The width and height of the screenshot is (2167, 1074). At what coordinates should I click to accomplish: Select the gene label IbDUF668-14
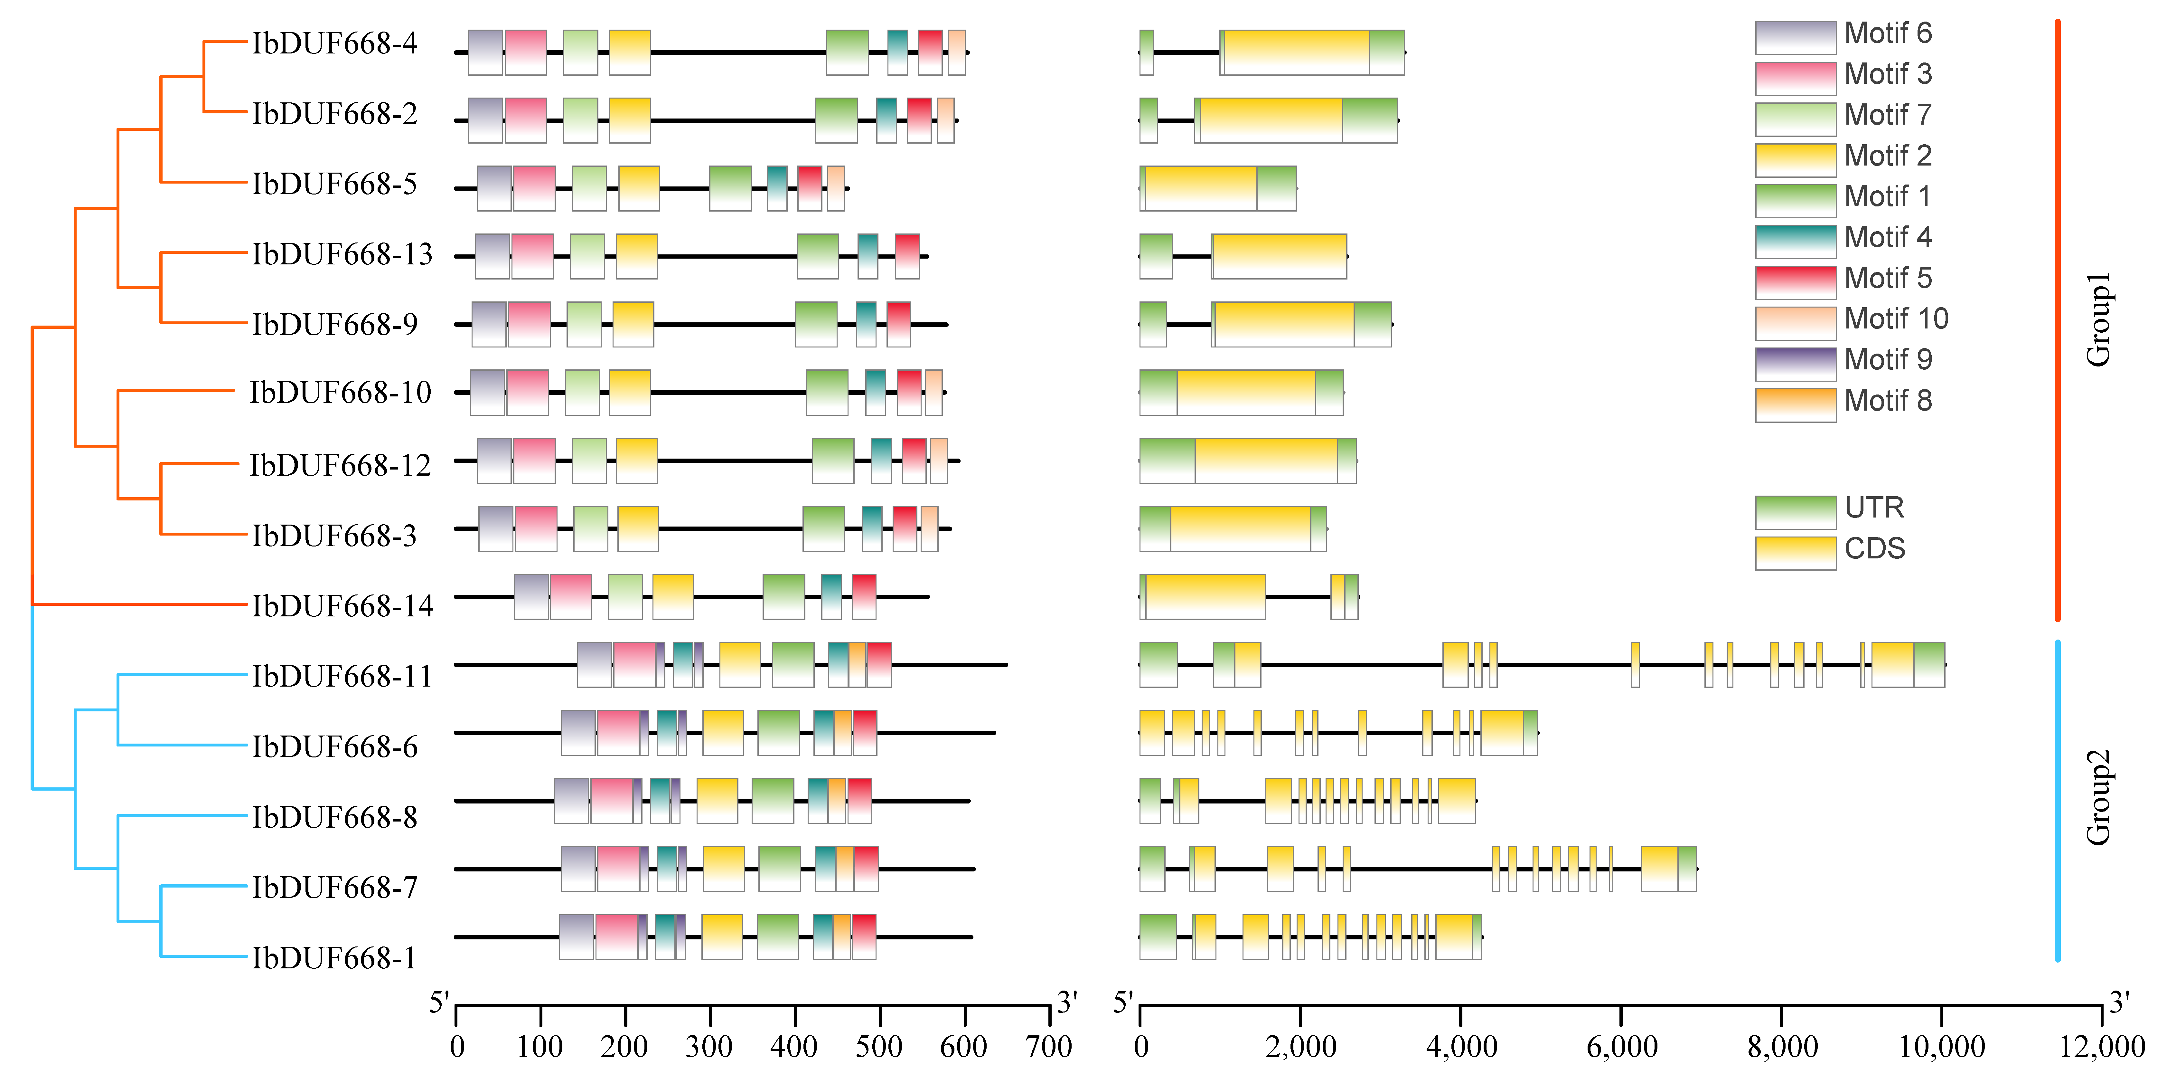342,606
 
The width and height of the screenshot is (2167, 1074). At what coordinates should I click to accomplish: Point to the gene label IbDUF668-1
334,958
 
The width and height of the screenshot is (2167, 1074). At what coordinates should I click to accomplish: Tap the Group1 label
2098,320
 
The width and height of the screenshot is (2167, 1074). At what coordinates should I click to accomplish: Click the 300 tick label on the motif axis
709,1047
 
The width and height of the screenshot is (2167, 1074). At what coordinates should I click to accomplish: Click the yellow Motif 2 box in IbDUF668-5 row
639,188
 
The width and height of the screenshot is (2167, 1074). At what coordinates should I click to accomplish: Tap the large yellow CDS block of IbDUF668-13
1279,256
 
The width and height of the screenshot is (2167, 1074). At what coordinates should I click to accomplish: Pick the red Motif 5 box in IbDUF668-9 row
898,324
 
